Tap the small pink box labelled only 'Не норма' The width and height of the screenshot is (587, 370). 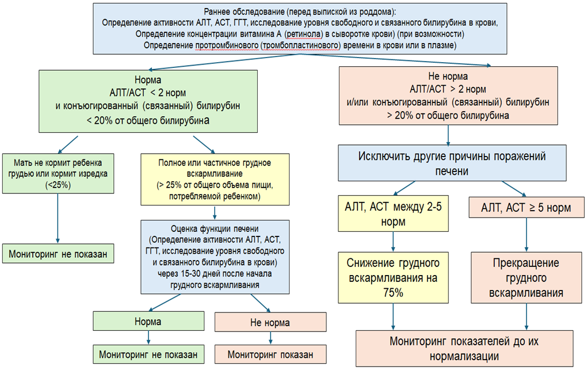pos(270,322)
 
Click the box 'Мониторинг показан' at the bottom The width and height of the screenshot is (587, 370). pos(270,353)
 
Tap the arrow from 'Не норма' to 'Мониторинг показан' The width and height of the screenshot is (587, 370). pos(270,338)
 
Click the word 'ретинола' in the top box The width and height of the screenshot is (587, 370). pos(311,35)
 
